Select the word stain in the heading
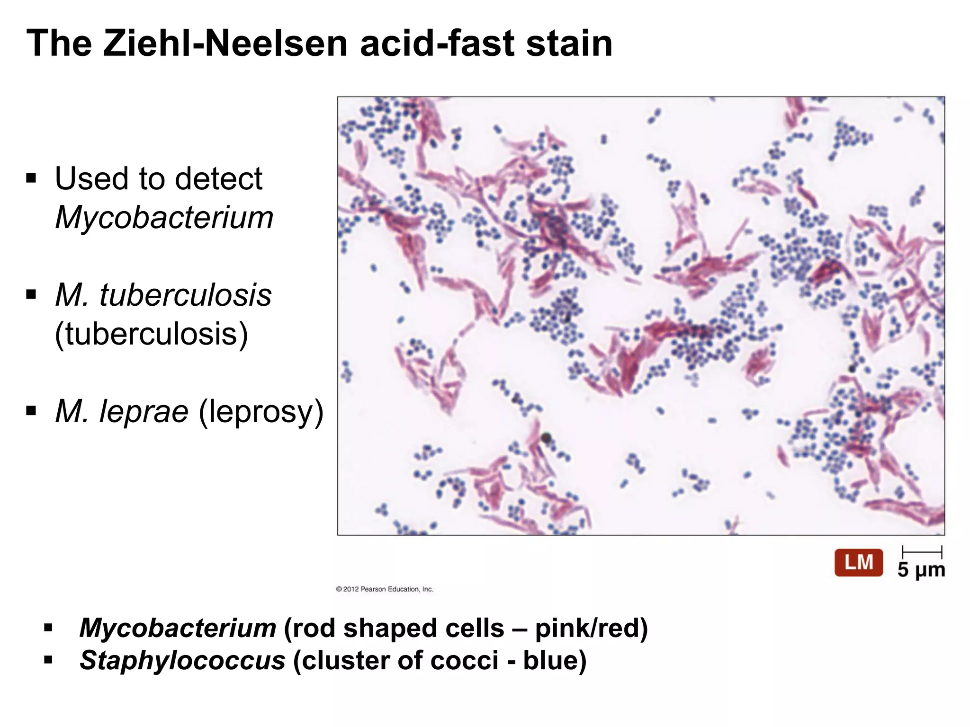(x=568, y=44)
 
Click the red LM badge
(x=858, y=563)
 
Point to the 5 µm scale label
(x=921, y=570)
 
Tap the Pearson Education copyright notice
(x=385, y=589)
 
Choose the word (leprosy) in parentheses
(x=261, y=411)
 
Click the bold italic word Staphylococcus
(x=182, y=660)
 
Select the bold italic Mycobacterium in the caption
(x=178, y=628)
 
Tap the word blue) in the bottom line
(x=555, y=660)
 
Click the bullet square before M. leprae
(x=32, y=409)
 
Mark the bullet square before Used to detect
(x=32, y=178)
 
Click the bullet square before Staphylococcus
(x=48, y=659)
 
